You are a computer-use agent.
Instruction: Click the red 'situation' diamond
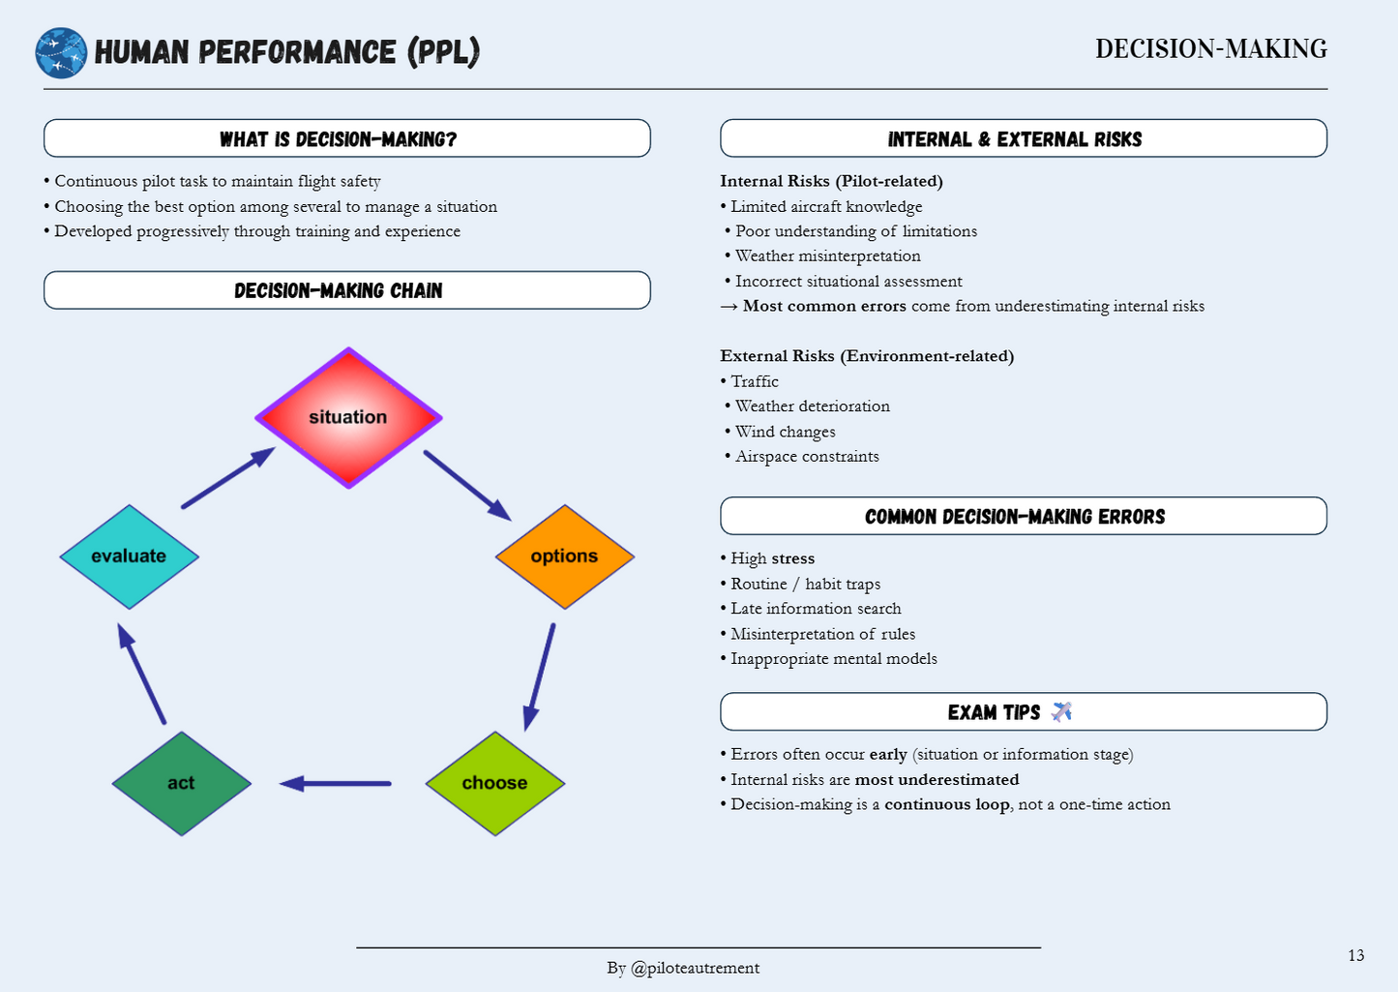[348, 417]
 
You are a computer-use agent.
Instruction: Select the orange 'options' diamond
[564, 556]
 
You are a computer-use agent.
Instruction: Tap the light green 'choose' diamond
[494, 783]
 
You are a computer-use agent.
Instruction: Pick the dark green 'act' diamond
[181, 783]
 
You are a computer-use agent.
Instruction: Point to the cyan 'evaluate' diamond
[129, 556]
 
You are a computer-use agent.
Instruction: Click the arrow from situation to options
[467, 485]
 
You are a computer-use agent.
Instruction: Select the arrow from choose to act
[335, 783]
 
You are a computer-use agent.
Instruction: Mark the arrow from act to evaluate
[141, 674]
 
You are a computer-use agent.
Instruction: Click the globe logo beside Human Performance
[61, 52]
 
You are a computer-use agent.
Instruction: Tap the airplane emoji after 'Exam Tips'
[1061, 712]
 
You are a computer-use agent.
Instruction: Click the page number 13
[1355, 955]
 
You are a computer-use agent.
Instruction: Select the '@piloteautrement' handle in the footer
[695, 968]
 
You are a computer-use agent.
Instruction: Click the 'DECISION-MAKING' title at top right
[1210, 49]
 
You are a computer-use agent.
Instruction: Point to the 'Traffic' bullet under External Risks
[754, 381]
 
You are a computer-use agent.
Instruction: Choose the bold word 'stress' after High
[792, 558]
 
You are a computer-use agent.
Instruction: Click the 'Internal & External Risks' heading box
[1023, 138]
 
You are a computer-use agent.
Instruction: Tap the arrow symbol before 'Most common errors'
[729, 307]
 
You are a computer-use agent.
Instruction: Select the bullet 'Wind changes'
[785, 432]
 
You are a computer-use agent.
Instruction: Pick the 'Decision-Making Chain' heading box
[346, 290]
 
